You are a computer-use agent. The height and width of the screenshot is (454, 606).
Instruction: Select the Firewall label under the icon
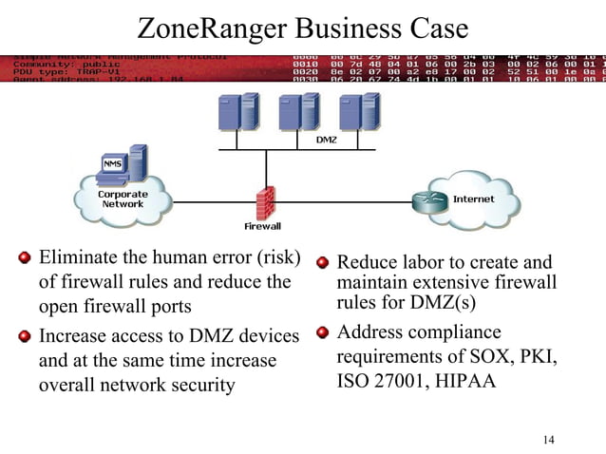[x=263, y=227]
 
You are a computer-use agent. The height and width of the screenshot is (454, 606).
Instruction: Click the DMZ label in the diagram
[x=325, y=141]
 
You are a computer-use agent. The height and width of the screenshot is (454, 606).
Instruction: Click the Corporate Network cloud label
[x=123, y=199]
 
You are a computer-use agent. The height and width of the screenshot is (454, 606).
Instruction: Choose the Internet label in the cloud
[x=473, y=199]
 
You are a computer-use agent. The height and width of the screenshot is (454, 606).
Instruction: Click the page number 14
[x=548, y=439]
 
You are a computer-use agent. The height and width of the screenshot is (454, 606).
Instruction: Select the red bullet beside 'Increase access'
[x=24, y=335]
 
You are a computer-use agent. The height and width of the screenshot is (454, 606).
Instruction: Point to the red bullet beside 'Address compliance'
[x=323, y=332]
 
